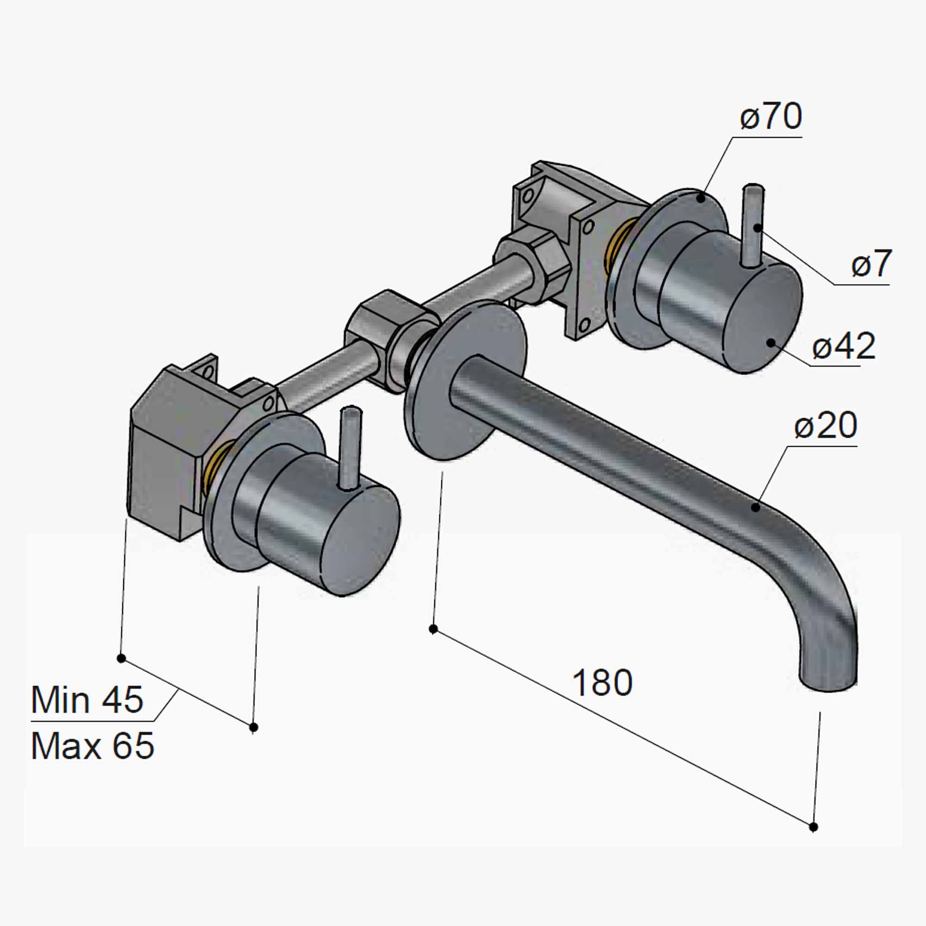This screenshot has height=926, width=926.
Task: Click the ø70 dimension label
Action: [771, 117]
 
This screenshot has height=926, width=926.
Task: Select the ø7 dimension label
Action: [871, 264]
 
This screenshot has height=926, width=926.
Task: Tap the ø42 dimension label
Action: [844, 346]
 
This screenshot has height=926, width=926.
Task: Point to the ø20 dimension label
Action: [826, 425]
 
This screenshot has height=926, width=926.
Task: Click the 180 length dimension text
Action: [602, 683]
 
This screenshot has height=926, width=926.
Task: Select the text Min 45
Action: [87, 700]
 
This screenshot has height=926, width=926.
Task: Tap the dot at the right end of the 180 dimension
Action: [813, 827]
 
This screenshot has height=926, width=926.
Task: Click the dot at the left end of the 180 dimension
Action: [433, 629]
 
